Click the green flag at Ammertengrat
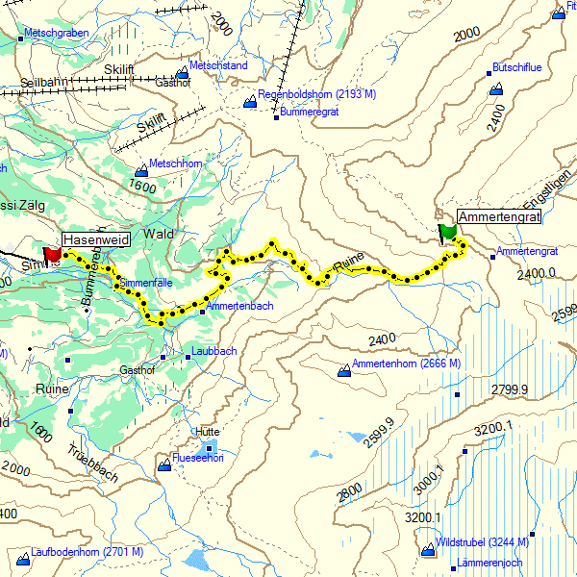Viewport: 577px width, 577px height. coord(447,233)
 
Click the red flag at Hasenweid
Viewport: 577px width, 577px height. coord(52,253)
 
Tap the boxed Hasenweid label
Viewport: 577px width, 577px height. coord(96,238)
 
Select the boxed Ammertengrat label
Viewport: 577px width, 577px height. coord(499,217)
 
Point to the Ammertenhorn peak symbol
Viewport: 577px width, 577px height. coord(344,370)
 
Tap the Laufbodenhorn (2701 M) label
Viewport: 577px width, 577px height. coord(87,552)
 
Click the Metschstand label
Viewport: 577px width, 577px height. coord(218,65)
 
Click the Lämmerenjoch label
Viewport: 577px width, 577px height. coord(490,563)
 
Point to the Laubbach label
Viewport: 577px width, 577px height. coord(213,352)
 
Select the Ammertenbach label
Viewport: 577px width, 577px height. coord(240,306)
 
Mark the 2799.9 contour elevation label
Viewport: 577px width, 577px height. coord(510,389)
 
